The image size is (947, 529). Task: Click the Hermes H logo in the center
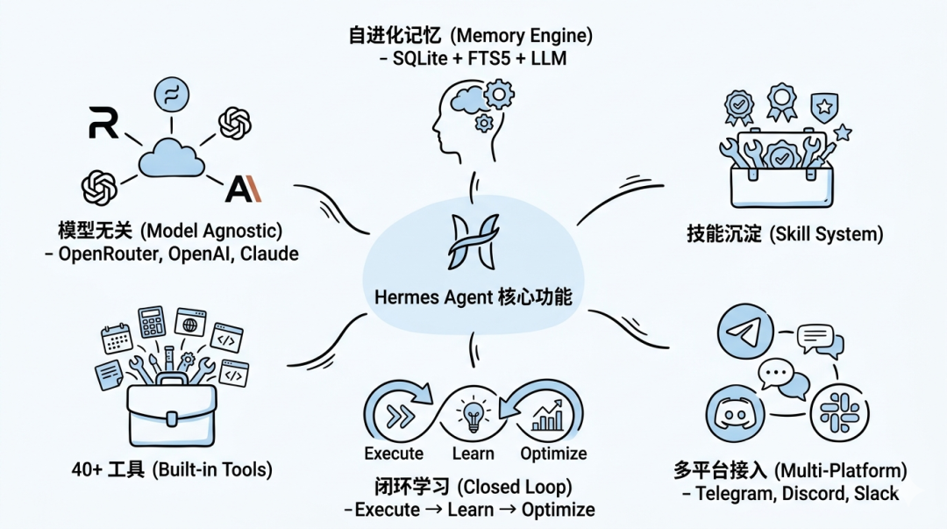pyautogui.click(x=473, y=241)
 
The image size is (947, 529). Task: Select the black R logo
pyautogui.click(x=103, y=123)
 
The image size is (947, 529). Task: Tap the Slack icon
pyautogui.click(x=833, y=411)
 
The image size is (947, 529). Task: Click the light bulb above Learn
pyautogui.click(x=473, y=412)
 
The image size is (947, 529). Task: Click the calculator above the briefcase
pyautogui.click(x=152, y=322)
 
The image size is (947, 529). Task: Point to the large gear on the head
pyautogui.click(x=499, y=93)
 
